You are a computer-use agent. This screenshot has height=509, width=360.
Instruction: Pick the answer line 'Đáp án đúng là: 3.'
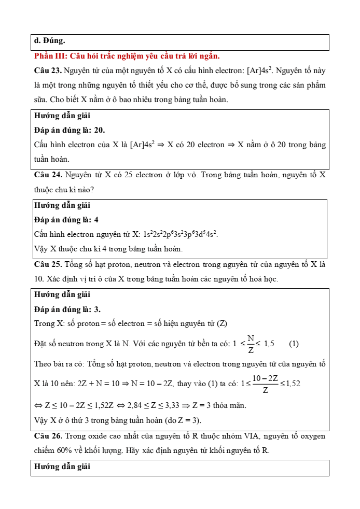pyautogui.click(x=67, y=309)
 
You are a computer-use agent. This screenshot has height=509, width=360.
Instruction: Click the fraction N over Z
pyautogui.click(x=251, y=344)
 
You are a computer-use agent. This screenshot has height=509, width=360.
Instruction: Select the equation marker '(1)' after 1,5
pyautogui.click(x=294, y=344)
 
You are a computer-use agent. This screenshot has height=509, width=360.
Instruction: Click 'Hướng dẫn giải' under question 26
pyautogui.click(x=62, y=466)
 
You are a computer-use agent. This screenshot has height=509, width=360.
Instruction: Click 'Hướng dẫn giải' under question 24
pyautogui.click(x=62, y=205)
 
